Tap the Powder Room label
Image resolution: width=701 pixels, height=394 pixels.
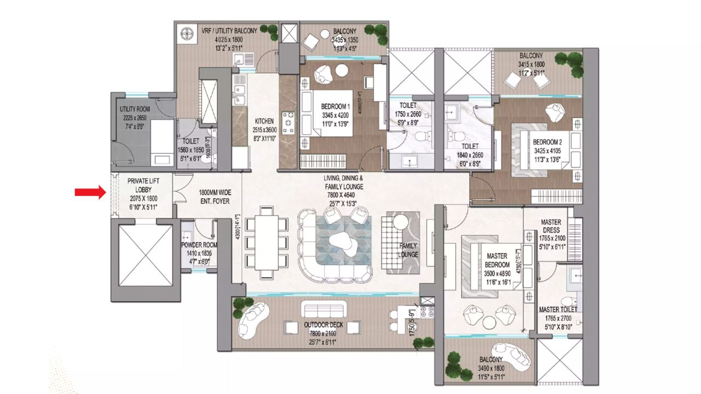click(x=199, y=245)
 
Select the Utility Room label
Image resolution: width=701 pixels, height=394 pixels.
click(x=135, y=109)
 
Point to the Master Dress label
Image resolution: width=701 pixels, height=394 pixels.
click(x=550, y=227)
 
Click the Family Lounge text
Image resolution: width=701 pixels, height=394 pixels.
click(x=409, y=250)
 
